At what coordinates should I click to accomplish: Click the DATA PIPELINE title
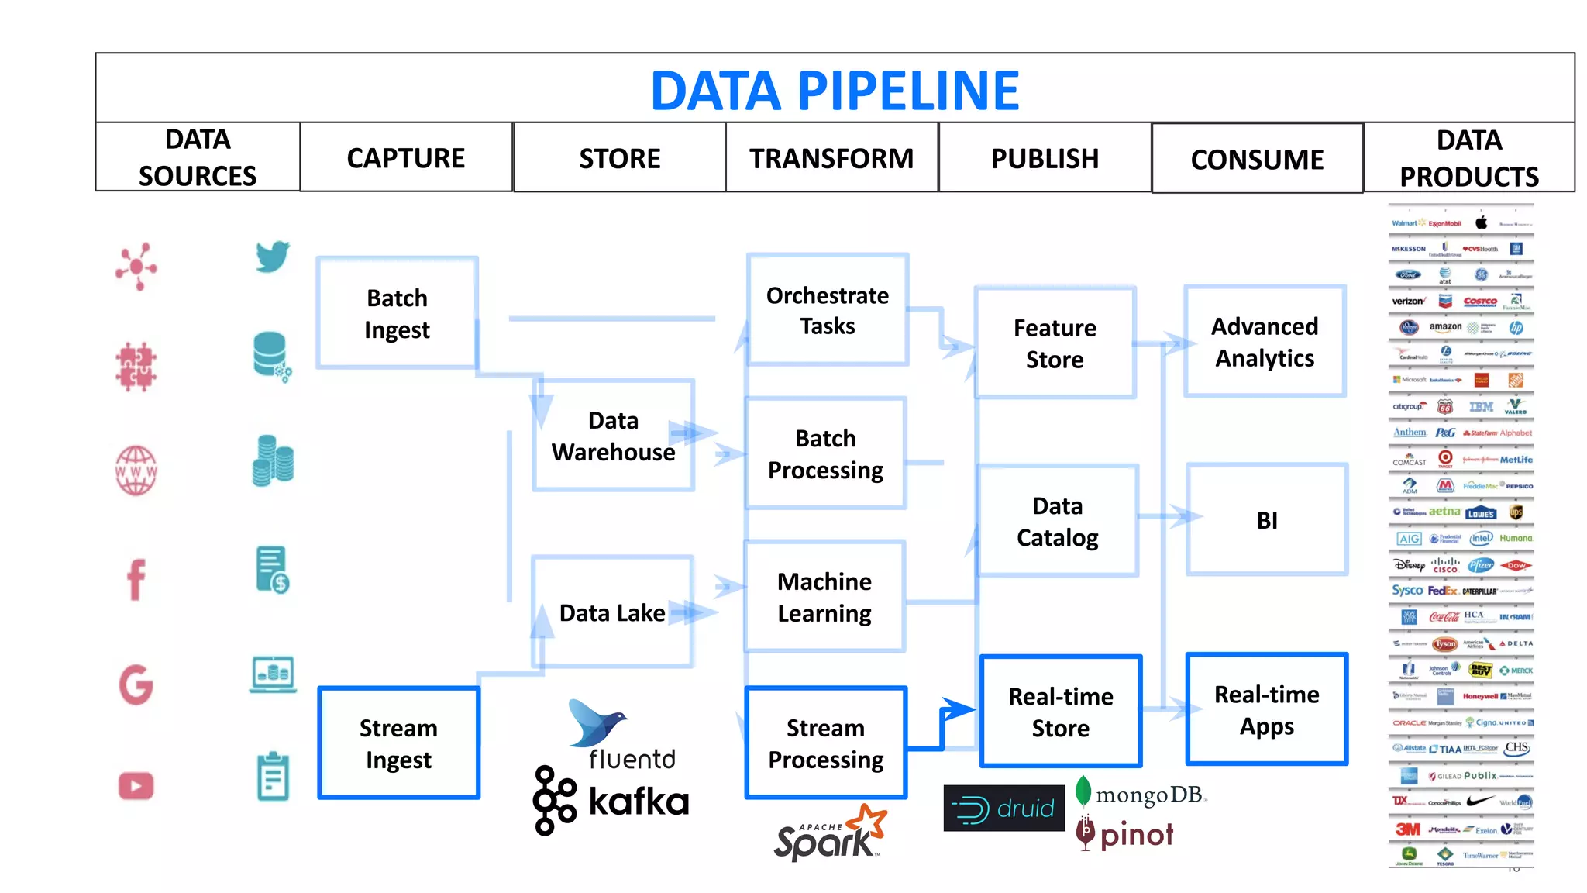pyautogui.click(x=835, y=90)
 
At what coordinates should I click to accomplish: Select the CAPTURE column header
pyautogui.click(x=406, y=158)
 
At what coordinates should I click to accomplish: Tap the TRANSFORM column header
pyautogui.click(x=831, y=158)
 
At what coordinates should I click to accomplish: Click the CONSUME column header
pyautogui.click(x=1257, y=160)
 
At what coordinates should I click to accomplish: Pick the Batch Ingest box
pyautogui.click(x=397, y=313)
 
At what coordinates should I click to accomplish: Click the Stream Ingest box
pyautogui.click(x=398, y=743)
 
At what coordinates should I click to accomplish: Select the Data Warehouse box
pyautogui.click(x=613, y=436)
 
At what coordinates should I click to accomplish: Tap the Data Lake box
pyautogui.click(x=612, y=612)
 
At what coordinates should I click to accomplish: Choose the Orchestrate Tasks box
pyautogui.click(x=828, y=310)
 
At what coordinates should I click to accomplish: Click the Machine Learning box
pyautogui.click(x=824, y=597)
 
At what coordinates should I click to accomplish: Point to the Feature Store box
pyautogui.click(x=1055, y=343)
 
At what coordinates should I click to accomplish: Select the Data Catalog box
pyautogui.click(x=1057, y=521)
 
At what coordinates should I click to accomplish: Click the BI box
pyautogui.click(x=1267, y=520)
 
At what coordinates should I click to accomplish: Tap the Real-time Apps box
pyautogui.click(x=1266, y=709)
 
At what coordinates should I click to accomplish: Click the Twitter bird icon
pyautogui.click(x=273, y=257)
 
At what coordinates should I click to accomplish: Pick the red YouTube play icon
pyautogui.click(x=136, y=786)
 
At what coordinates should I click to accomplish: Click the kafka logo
pyautogui.click(x=611, y=802)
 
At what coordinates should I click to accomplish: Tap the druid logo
pyautogui.click(x=1004, y=809)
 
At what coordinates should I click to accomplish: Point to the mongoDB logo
pyautogui.click(x=1141, y=794)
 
